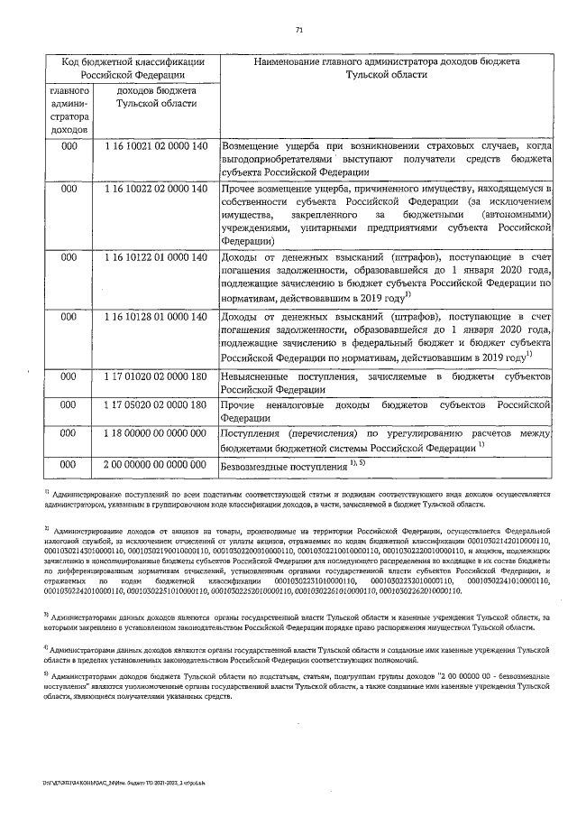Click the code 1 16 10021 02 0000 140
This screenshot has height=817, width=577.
coord(156,145)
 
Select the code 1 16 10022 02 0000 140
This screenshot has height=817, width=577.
coord(156,188)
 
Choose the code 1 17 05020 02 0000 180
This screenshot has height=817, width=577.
coord(156,407)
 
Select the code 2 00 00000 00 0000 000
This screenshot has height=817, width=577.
coord(156,463)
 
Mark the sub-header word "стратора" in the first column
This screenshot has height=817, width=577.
coord(69,117)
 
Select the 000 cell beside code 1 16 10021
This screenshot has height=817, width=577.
coord(69,145)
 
